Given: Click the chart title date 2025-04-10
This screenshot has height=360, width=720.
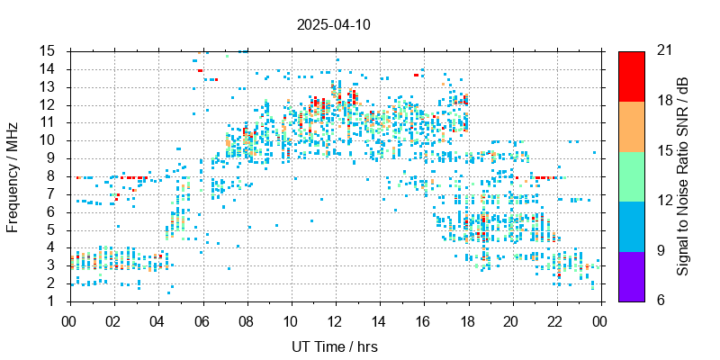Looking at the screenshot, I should click(x=333, y=24).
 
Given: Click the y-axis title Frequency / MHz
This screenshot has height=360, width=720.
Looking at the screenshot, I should click(x=13, y=175).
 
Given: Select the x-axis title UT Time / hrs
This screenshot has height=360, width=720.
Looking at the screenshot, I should click(x=333, y=346).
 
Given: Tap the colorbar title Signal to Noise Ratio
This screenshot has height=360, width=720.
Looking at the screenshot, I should click(x=684, y=175).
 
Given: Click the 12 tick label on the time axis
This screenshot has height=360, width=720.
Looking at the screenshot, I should click(x=335, y=319).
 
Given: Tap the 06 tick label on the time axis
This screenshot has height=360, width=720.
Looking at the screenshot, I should click(x=202, y=319).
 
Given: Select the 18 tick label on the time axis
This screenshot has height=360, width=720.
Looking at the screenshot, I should click(x=467, y=319).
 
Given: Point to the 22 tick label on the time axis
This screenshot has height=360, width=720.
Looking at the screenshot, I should click(x=555, y=319).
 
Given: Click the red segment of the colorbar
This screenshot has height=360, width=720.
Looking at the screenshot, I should click(x=631, y=76).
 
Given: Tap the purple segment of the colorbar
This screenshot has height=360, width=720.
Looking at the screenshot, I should click(x=631, y=275).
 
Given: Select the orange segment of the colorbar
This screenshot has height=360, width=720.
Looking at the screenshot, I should click(x=631, y=125).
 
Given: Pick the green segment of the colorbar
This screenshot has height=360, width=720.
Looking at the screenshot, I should click(x=631, y=175).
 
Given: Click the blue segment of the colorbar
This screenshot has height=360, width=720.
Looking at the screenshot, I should click(x=631, y=225).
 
